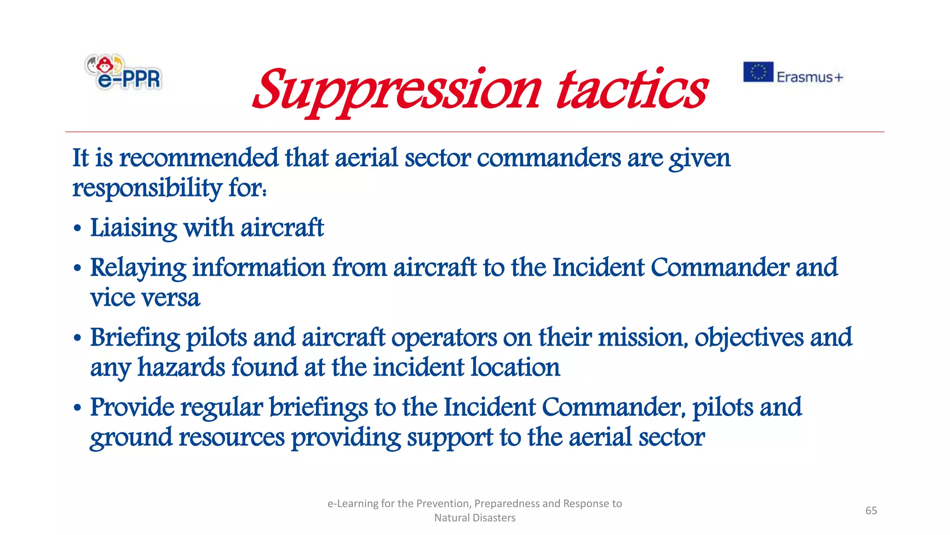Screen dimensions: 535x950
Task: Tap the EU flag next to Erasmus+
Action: (x=758, y=72)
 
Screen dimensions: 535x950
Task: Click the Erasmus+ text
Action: (x=809, y=77)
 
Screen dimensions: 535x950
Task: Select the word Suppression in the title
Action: (x=397, y=91)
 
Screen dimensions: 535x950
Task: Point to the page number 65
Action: (x=871, y=510)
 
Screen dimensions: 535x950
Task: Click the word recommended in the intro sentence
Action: (x=199, y=158)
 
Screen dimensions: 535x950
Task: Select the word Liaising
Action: (x=133, y=228)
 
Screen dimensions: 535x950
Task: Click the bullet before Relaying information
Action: (x=77, y=268)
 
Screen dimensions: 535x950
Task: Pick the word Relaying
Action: (x=138, y=268)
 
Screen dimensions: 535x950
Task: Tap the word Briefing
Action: (x=135, y=338)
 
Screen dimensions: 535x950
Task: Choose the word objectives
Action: (x=749, y=338)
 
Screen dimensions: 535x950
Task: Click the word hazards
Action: (x=181, y=367)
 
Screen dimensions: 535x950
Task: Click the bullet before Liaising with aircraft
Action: (x=77, y=228)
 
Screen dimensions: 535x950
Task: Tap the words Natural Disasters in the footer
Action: (x=475, y=518)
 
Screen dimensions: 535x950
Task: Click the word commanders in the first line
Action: (x=548, y=158)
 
